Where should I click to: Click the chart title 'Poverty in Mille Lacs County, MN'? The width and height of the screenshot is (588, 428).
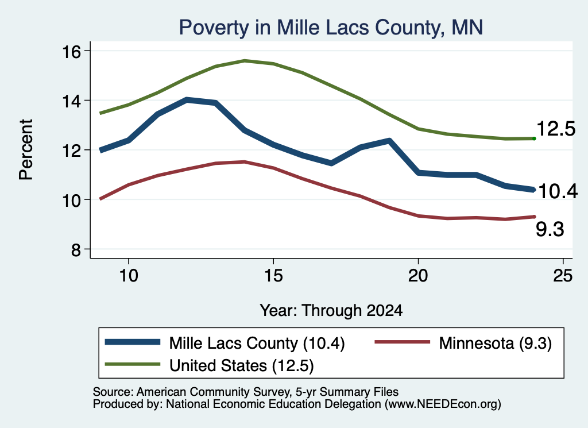[x=331, y=28]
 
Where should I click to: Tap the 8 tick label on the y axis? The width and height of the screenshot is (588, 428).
[x=76, y=249]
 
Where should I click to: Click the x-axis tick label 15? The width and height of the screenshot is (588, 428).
[x=273, y=276]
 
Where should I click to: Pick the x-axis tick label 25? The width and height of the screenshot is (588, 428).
[x=563, y=276]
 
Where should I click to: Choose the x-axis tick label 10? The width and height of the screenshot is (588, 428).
[x=129, y=276]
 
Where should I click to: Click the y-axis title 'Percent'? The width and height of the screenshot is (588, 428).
[x=26, y=150]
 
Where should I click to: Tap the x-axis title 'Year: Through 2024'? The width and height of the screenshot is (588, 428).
[x=331, y=311]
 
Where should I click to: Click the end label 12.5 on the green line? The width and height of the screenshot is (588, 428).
[x=556, y=129]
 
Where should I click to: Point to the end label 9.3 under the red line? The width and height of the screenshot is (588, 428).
[x=550, y=230]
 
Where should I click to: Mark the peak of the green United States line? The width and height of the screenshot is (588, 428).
[x=245, y=60]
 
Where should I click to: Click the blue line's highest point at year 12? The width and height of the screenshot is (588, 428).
[x=187, y=100]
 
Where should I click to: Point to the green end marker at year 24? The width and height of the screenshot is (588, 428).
[x=534, y=139]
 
